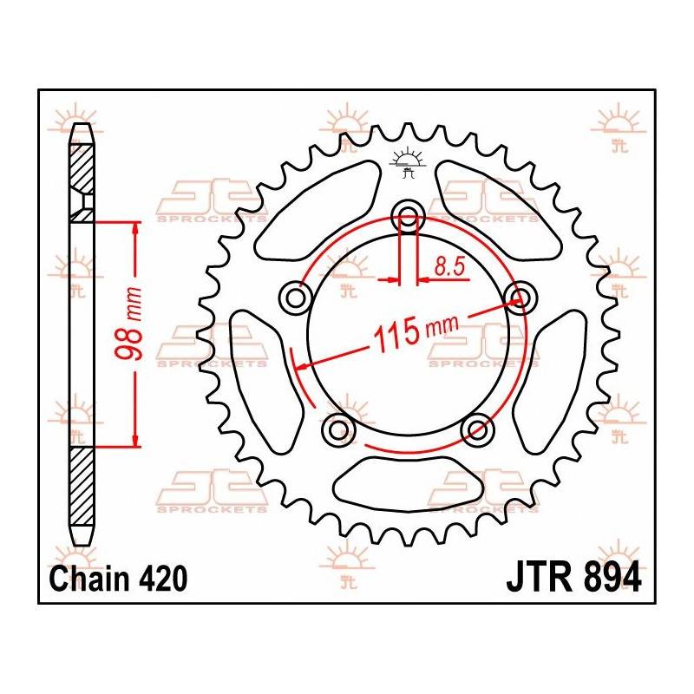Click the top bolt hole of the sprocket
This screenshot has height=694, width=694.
[x=408, y=219]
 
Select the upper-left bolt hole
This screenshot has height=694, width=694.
[x=298, y=298]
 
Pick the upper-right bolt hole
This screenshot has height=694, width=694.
[x=520, y=298]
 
